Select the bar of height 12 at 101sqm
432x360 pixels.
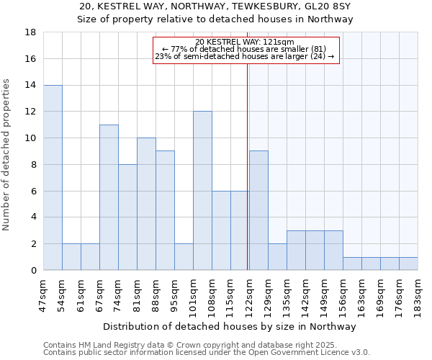pos(202,191)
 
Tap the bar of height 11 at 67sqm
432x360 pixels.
pos(109,197)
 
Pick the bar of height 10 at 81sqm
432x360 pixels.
pos(146,204)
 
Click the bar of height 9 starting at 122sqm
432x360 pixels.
pos(258,210)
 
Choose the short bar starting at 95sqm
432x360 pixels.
pos(184,256)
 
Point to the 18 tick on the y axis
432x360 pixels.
pos(31,32)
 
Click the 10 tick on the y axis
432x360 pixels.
pos(31,138)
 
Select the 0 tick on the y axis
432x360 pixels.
pos(34,270)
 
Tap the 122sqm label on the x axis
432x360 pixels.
pos(249,293)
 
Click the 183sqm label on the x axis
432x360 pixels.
pos(418,293)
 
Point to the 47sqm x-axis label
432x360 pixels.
pos(43,293)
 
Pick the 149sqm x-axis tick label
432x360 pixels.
pos(324,293)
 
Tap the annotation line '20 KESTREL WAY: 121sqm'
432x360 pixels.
pos(245,42)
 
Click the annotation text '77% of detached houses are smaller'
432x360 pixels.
pos(245,49)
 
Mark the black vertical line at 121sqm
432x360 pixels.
pos(248,166)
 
